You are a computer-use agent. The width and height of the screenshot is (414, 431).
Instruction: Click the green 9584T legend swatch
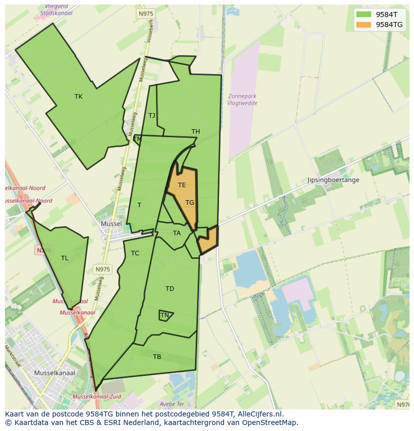pyautogui.click(x=363, y=15)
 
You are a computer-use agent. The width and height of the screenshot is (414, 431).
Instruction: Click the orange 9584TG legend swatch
pyautogui.click(x=363, y=25)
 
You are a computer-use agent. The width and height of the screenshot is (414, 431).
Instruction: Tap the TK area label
pyautogui.click(x=78, y=97)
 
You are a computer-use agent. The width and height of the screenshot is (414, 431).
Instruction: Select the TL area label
pyautogui.click(x=64, y=258)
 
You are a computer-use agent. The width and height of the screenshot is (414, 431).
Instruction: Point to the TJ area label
pyautogui.click(x=151, y=116)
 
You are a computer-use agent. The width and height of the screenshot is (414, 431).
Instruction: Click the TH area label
pyautogui.click(x=195, y=132)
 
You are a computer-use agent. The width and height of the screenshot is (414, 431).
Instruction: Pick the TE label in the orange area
pyautogui.click(x=182, y=185)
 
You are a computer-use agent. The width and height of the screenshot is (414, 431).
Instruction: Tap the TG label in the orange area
pyautogui.click(x=189, y=203)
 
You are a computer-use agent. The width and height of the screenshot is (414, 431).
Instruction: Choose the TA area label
pyautogui.click(x=176, y=233)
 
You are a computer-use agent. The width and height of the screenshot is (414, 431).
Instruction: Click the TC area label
pyautogui.click(x=135, y=253)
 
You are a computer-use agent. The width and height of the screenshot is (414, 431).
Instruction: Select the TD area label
pyautogui.click(x=169, y=289)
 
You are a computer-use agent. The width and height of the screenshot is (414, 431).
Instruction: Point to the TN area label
pyautogui.click(x=164, y=315)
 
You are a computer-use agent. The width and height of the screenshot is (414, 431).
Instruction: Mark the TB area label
pyautogui.click(x=157, y=357)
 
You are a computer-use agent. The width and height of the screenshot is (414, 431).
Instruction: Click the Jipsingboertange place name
pyautogui.click(x=333, y=180)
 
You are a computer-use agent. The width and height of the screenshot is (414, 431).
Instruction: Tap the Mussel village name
pyautogui.click(x=111, y=224)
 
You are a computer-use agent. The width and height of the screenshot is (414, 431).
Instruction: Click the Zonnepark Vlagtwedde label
pyautogui.click(x=242, y=100)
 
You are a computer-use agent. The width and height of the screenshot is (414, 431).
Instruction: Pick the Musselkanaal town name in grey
pyautogui.click(x=54, y=373)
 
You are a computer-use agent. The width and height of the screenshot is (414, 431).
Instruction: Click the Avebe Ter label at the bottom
pyautogui.click(x=172, y=404)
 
